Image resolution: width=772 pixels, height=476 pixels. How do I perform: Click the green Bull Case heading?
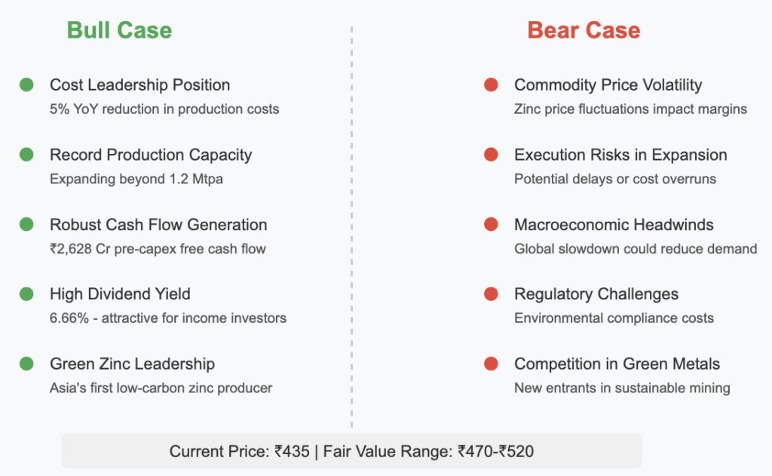coord(120,30)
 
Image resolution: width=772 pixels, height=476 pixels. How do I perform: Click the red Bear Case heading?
coord(584,30)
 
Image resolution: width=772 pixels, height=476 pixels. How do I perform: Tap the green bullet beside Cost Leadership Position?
coord(26,84)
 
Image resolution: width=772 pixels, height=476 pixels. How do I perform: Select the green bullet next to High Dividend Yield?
coord(26,294)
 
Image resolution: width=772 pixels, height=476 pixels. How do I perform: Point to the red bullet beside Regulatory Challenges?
coord(491,294)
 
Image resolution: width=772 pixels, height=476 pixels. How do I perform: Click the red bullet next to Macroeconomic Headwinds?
coord(491,225)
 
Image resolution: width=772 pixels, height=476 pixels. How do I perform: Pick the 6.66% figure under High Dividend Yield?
coord(69,318)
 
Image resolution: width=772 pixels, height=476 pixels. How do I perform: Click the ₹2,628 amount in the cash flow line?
coord(71,249)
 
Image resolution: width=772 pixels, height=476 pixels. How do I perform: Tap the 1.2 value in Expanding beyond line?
coord(179,179)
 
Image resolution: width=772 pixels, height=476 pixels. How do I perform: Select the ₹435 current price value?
coord(293,451)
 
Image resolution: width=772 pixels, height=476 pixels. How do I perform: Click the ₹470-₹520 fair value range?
coord(496,451)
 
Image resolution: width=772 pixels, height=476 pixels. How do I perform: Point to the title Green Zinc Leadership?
coord(133,364)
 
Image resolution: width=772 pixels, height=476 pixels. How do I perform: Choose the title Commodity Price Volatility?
coord(608,85)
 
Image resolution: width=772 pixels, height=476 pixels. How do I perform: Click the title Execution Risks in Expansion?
coord(621,155)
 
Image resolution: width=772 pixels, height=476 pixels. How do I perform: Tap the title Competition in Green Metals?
coord(617,364)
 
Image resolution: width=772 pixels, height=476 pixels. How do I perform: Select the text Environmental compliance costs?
coord(614,318)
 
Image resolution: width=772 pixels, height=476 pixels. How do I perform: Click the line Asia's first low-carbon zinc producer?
coord(161,388)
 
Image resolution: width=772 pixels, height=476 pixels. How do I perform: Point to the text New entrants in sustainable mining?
coord(622,388)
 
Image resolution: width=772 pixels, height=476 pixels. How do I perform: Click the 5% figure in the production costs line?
coord(60,109)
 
